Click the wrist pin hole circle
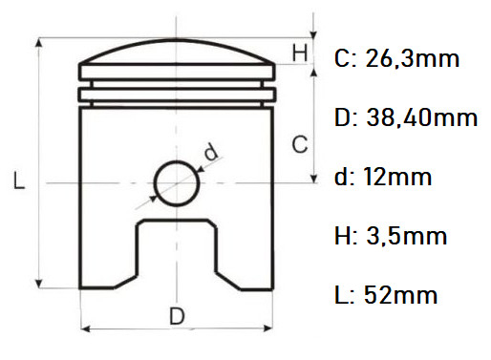coord(176,180)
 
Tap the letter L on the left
coord(19,180)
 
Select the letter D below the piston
coord(177,315)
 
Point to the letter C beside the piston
coord(299,145)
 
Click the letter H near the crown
coord(299,53)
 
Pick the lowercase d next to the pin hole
coord(210,150)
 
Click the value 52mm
coord(414,295)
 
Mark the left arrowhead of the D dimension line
coord(83,330)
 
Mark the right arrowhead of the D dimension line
coord(269,330)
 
